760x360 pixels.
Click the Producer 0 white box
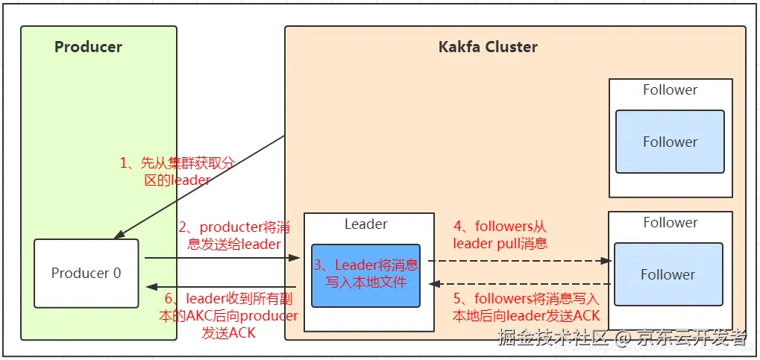(x=86, y=273)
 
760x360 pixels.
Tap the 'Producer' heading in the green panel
(x=88, y=47)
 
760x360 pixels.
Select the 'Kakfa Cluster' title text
(x=487, y=47)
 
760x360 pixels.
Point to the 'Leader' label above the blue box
(x=365, y=224)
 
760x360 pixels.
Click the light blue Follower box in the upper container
(x=669, y=142)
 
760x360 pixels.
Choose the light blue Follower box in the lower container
(x=668, y=274)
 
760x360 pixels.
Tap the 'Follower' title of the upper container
(x=670, y=90)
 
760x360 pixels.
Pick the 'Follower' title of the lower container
(x=670, y=222)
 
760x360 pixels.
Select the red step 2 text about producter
(x=229, y=234)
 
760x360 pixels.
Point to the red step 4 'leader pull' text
(x=500, y=234)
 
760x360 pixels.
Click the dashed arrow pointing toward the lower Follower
(x=522, y=261)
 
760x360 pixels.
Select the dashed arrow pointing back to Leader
(x=522, y=283)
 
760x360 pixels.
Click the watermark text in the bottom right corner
(x=622, y=338)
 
